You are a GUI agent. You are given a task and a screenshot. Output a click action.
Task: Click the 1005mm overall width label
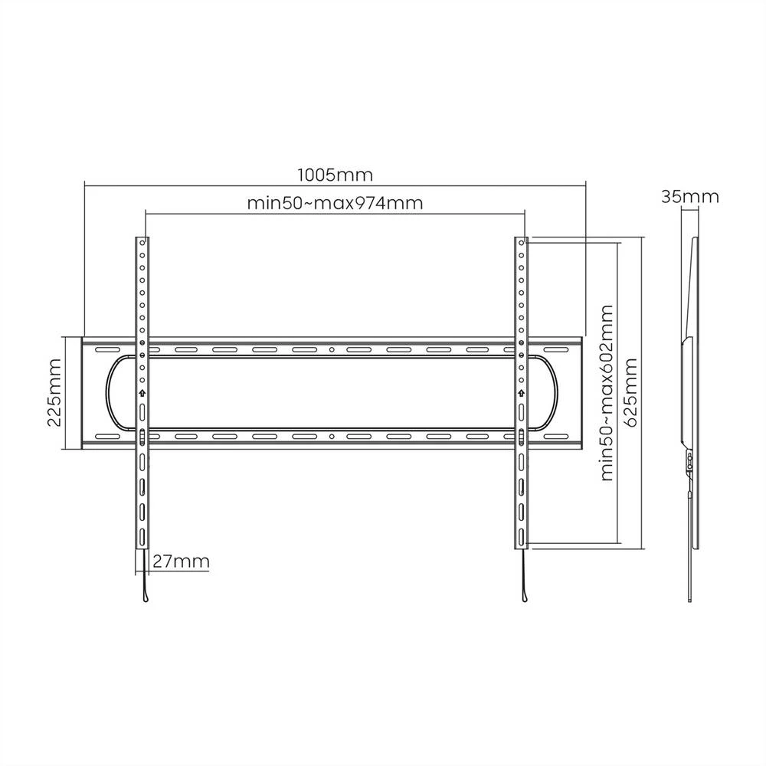pyautogui.click(x=335, y=175)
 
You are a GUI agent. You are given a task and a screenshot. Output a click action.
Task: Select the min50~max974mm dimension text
pyautogui.click(x=335, y=204)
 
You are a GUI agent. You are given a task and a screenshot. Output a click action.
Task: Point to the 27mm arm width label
pyautogui.click(x=181, y=561)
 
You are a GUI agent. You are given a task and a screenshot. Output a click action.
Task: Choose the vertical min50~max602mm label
pyautogui.click(x=608, y=392)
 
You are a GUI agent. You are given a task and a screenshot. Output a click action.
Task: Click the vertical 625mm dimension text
pyautogui.click(x=631, y=392)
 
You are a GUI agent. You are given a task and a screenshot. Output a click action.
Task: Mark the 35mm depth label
pyautogui.click(x=690, y=196)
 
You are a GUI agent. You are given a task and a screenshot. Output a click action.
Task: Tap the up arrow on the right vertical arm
pyautogui.click(x=522, y=394)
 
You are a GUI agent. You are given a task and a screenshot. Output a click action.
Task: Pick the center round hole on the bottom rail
pyautogui.click(x=331, y=437)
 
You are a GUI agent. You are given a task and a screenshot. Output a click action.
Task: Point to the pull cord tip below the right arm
pyautogui.click(x=523, y=598)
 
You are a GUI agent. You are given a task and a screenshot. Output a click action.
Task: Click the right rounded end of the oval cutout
pyautogui.click(x=555, y=393)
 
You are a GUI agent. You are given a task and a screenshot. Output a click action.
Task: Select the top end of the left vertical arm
pyautogui.click(x=142, y=239)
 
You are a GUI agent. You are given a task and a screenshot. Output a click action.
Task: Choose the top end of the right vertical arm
pyautogui.click(x=522, y=239)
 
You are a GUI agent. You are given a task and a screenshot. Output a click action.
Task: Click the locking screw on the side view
pyautogui.click(x=689, y=461)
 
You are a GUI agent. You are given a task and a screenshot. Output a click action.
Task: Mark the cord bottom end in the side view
pyautogui.click(x=690, y=599)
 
